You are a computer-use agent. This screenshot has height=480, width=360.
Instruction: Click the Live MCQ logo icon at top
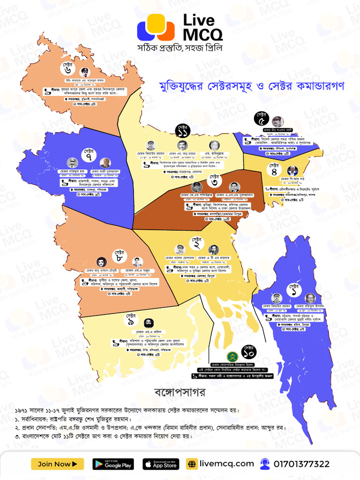pyautogui.click(x=156, y=27)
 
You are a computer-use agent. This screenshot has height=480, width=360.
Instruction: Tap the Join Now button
pyautogui.click(x=57, y=464)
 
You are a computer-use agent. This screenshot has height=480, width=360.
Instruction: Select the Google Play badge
pyautogui.click(x=113, y=464)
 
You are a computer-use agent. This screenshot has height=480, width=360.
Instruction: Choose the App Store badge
pyautogui.click(x=160, y=464)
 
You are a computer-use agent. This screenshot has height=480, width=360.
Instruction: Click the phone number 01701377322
pyautogui.click(x=301, y=464)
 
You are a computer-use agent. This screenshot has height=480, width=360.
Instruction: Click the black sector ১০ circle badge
pyautogui.click(x=248, y=352)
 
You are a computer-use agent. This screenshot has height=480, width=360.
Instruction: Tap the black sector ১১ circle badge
pyautogui.click(x=183, y=130)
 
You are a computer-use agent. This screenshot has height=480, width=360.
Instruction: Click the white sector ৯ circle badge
pyautogui.click(x=130, y=320)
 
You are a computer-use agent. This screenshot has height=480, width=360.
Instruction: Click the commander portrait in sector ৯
pyautogui.click(x=148, y=323)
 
